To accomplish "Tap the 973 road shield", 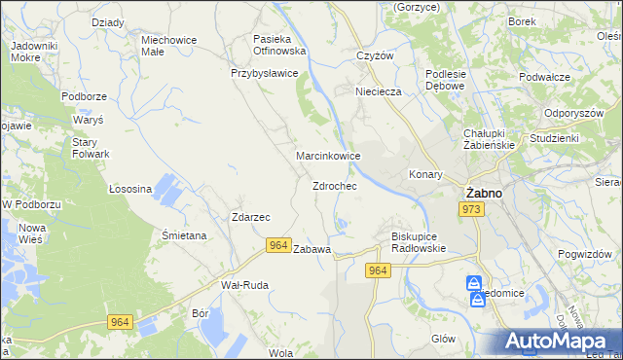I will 472,210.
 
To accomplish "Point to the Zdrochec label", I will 334,186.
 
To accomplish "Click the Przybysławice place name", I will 264,73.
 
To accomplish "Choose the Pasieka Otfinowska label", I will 279,45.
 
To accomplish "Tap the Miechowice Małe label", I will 169,47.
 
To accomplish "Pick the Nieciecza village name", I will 379,92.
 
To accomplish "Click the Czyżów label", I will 375,55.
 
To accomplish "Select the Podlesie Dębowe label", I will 447,80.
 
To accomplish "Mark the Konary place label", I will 425,175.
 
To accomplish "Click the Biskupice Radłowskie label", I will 418,241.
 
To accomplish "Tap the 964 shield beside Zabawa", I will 278,249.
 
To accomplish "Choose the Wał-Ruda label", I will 244,285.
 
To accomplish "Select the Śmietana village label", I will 184,235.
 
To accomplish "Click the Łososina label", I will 129,189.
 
